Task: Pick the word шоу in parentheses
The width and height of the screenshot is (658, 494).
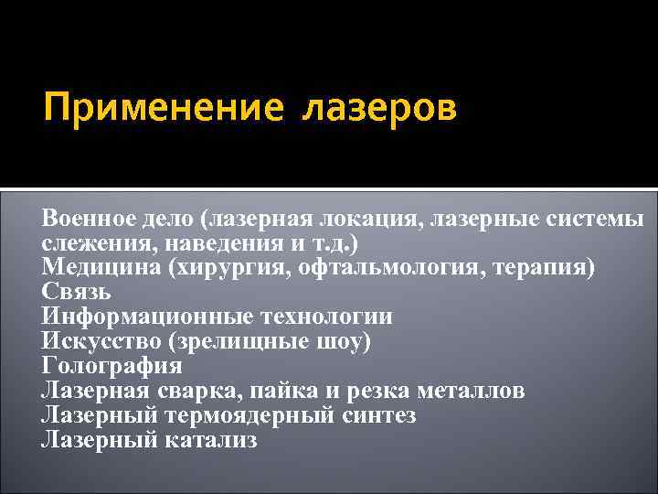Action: tap(347, 342)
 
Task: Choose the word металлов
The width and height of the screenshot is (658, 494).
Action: tap(472, 392)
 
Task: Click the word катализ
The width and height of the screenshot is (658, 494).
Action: tap(212, 441)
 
